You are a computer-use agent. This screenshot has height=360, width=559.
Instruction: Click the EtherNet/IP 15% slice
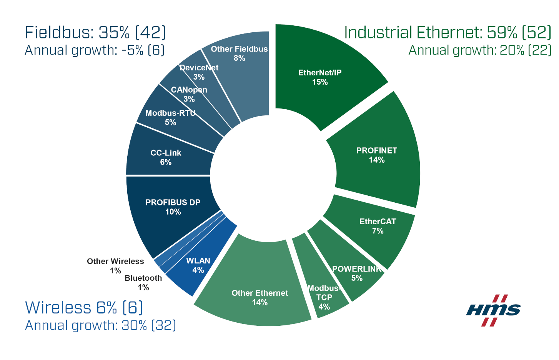click(320, 77)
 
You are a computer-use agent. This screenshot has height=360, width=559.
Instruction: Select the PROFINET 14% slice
click(377, 155)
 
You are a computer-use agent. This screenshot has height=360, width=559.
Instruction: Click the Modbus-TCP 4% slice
click(324, 297)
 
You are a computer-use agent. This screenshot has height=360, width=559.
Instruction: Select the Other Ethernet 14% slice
click(260, 297)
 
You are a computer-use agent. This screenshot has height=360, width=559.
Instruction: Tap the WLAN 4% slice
click(198, 265)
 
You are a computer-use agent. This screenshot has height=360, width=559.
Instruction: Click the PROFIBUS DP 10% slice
click(173, 207)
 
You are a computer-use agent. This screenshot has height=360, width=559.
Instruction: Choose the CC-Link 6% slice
click(166, 157)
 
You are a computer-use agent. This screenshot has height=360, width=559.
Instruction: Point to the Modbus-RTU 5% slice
click(170, 118)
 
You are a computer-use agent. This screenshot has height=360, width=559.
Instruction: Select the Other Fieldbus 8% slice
click(239, 53)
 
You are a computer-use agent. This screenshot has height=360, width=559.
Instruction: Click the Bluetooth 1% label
click(143, 282)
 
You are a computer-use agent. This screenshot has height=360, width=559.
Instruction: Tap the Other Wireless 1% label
click(115, 266)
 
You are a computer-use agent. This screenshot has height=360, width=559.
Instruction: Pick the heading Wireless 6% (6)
click(84, 308)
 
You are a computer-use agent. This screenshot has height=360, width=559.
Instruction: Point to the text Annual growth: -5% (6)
click(95, 50)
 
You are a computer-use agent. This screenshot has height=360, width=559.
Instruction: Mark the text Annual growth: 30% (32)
click(100, 325)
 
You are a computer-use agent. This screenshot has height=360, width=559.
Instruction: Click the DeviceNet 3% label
click(199, 72)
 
